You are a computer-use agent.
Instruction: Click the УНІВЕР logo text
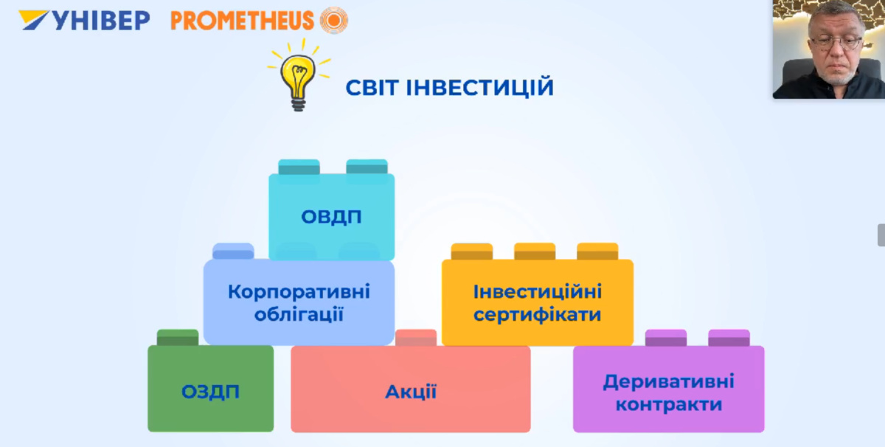[101, 20]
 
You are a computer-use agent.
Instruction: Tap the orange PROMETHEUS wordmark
[242, 21]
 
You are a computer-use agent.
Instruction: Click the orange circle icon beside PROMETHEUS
[334, 20]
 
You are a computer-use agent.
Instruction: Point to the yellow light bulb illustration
[299, 75]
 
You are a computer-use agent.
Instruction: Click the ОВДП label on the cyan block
[331, 217]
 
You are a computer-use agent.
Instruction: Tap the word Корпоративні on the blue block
[299, 292]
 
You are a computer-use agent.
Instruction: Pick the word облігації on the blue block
[299, 314]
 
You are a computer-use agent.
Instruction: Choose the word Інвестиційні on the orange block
[538, 292]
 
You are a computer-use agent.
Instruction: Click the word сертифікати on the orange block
[538, 315]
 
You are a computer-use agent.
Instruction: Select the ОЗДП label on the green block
[211, 392]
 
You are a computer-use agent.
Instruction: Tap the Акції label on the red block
[411, 392]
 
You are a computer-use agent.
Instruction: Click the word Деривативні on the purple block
[668, 382]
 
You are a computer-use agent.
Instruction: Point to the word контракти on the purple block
[668, 405]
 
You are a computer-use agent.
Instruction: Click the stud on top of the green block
[178, 338]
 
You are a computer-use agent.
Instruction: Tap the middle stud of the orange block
[535, 252]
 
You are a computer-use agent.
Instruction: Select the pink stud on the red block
[416, 338]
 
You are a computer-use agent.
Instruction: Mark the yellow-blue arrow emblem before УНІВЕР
[34, 20]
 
